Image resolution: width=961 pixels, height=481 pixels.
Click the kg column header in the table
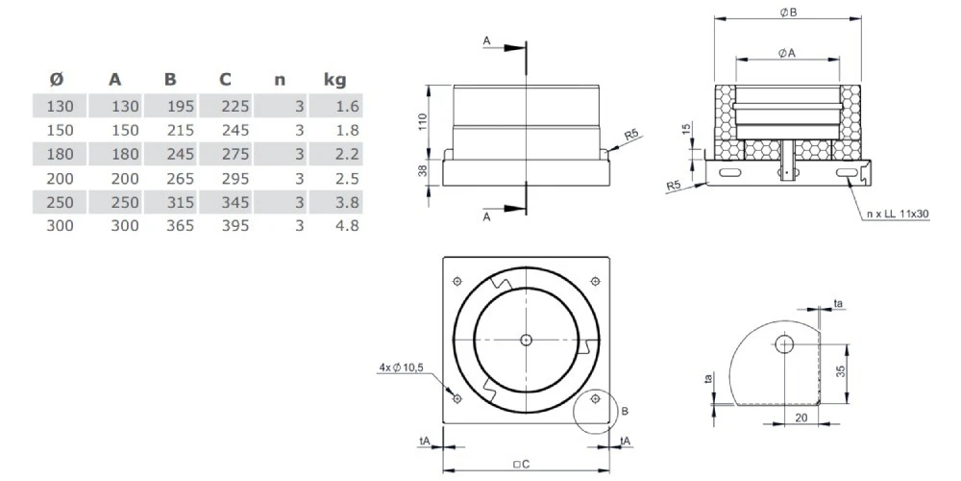[x=334, y=80]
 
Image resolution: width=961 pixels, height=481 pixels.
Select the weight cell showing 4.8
[x=347, y=226]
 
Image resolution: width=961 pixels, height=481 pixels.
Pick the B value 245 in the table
[x=180, y=153]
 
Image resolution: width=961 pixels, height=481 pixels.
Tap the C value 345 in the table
[x=234, y=202]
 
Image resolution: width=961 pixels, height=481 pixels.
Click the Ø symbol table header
[x=56, y=80]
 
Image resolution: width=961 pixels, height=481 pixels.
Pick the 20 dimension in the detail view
[x=801, y=418]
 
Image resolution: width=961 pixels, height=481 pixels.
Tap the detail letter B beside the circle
[x=625, y=411]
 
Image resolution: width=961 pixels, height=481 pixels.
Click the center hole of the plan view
[x=526, y=340]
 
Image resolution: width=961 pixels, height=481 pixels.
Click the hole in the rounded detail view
[x=785, y=344]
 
